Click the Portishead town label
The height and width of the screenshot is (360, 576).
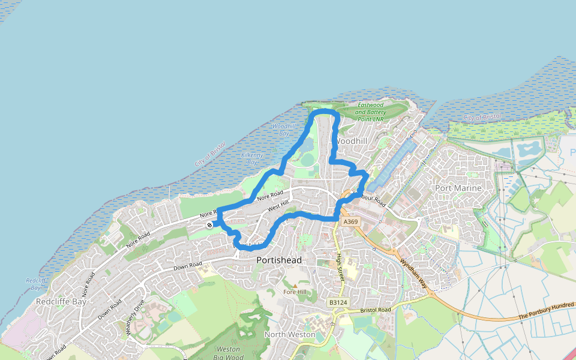pos(279,260)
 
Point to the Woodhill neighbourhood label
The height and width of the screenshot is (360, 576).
pos(350,140)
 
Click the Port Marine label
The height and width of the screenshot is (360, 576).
pos(458,188)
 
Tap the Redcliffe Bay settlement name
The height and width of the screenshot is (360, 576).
pos(61,301)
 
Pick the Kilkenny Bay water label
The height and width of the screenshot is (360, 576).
pos(252,158)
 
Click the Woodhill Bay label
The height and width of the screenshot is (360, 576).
pos(284,130)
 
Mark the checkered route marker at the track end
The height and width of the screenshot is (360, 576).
pos(209,225)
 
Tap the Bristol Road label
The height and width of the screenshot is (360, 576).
pos(376,310)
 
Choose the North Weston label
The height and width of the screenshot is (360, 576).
pos(290,334)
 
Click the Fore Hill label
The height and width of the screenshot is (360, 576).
pos(295,292)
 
